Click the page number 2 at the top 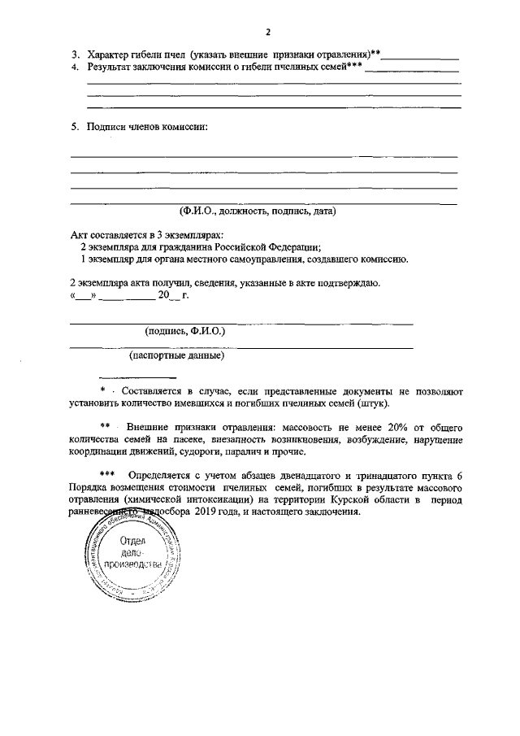tap(266, 32)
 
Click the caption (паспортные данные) tap(177, 355)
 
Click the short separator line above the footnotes tap(137, 377)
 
